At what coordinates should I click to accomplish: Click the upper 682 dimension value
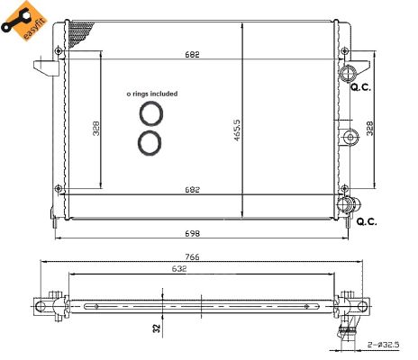click(193, 55)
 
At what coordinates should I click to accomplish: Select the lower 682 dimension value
click(193, 190)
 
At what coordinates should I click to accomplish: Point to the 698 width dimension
click(193, 232)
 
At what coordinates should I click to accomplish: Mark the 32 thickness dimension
click(157, 329)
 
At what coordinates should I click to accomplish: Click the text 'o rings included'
click(151, 94)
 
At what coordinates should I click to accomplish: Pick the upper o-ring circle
click(150, 113)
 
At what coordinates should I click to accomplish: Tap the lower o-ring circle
click(150, 141)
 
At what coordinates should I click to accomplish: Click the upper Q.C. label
click(361, 88)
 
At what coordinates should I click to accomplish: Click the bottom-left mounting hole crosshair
click(59, 188)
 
